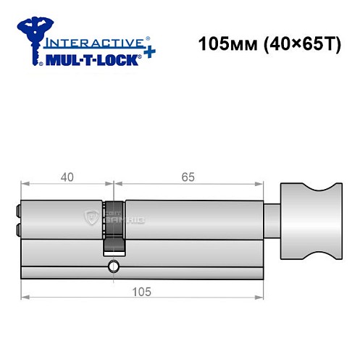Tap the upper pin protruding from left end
(18, 212)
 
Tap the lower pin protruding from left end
(18, 230)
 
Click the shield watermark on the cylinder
(91, 217)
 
